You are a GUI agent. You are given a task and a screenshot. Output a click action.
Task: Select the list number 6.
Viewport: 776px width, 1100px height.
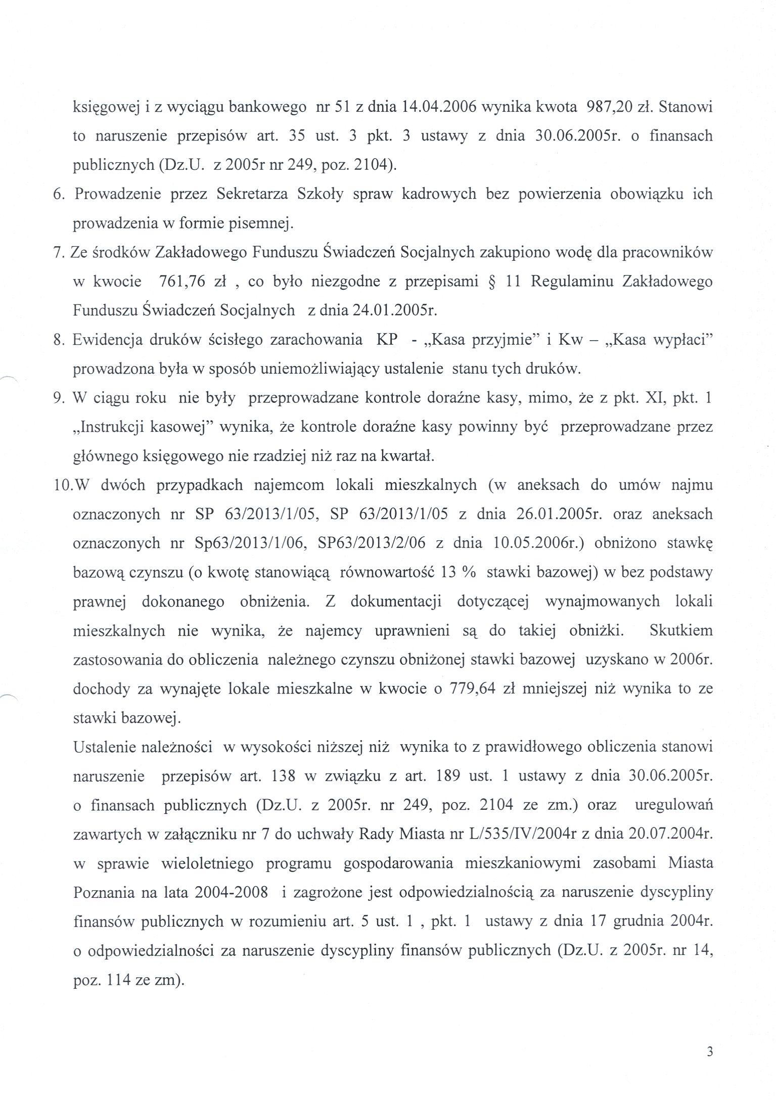pyautogui.click(x=58, y=195)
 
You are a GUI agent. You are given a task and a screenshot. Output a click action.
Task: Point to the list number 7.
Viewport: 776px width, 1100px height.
pyautogui.click(x=58, y=253)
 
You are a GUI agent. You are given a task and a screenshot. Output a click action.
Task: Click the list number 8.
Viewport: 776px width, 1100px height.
pyautogui.click(x=58, y=340)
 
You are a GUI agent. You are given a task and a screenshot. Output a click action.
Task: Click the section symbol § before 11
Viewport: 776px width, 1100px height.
pyautogui.click(x=492, y=282)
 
